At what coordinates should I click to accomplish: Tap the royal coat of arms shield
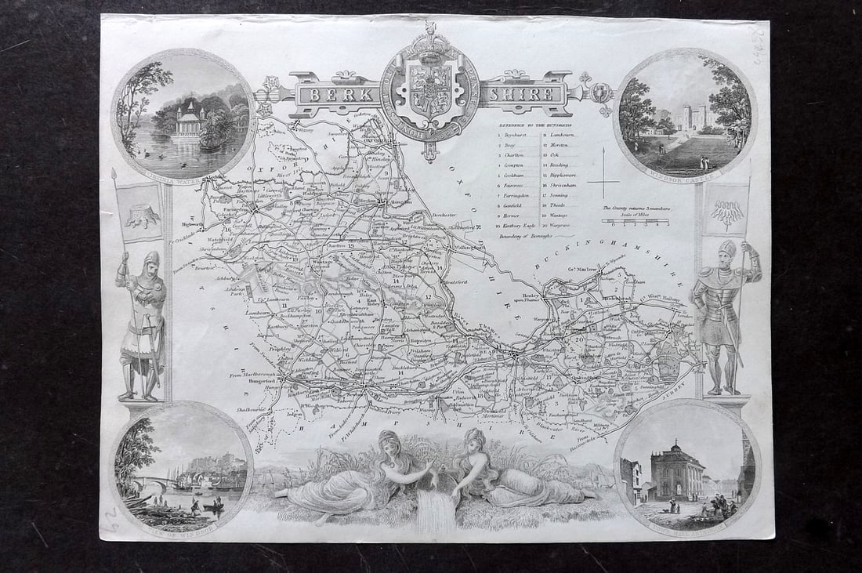pyautogui.click(x=430, y=92)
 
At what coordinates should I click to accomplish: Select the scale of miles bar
pyautogui.click(x=635, y=222)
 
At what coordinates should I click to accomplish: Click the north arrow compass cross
pyautogui.click(x=603, y=183)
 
